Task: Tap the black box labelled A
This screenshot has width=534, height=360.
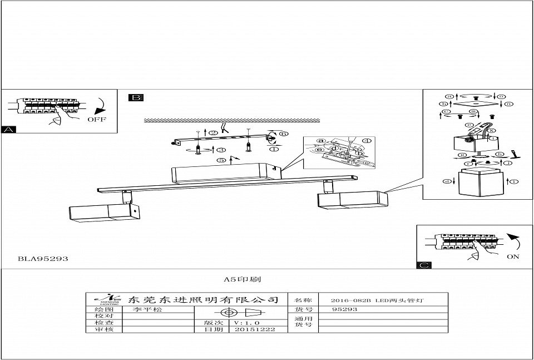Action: pos(8,130)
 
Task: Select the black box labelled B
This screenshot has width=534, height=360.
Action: pos(136,98)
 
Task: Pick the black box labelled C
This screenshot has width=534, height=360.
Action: pos(424,265)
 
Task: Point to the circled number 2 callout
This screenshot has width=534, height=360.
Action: pos(213,133)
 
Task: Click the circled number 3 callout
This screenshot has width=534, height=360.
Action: pos(221,150)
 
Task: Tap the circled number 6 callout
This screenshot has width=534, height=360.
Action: pos(283,134)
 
